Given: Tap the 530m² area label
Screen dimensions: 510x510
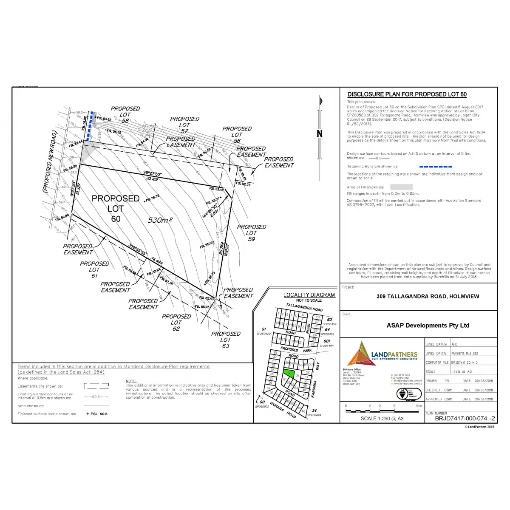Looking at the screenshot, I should coord(160,220).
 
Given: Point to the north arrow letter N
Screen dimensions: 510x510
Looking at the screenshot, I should coord(320,134).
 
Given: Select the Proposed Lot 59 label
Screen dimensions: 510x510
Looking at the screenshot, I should coord(252,233).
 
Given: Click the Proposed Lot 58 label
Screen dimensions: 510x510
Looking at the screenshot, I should coord(125,115).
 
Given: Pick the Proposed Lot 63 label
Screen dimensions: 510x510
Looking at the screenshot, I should coord(226,340).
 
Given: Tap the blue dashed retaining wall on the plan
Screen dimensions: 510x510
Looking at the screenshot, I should coord(88,127).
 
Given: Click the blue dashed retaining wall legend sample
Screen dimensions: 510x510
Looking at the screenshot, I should coord(436,167).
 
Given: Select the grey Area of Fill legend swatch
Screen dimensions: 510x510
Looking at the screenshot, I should coord(401,187).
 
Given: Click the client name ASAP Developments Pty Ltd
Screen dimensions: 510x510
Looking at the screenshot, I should coord(428,326).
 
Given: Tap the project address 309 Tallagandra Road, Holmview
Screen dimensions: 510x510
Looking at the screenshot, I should coord(428,297).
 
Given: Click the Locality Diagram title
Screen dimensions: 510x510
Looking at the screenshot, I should coord(309,295).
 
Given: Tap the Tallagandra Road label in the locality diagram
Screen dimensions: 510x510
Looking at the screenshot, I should coord(304,307).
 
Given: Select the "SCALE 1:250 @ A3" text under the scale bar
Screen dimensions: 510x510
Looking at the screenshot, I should coord(382,419).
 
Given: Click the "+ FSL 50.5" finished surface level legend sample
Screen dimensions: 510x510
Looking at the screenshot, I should coord(97,414).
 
